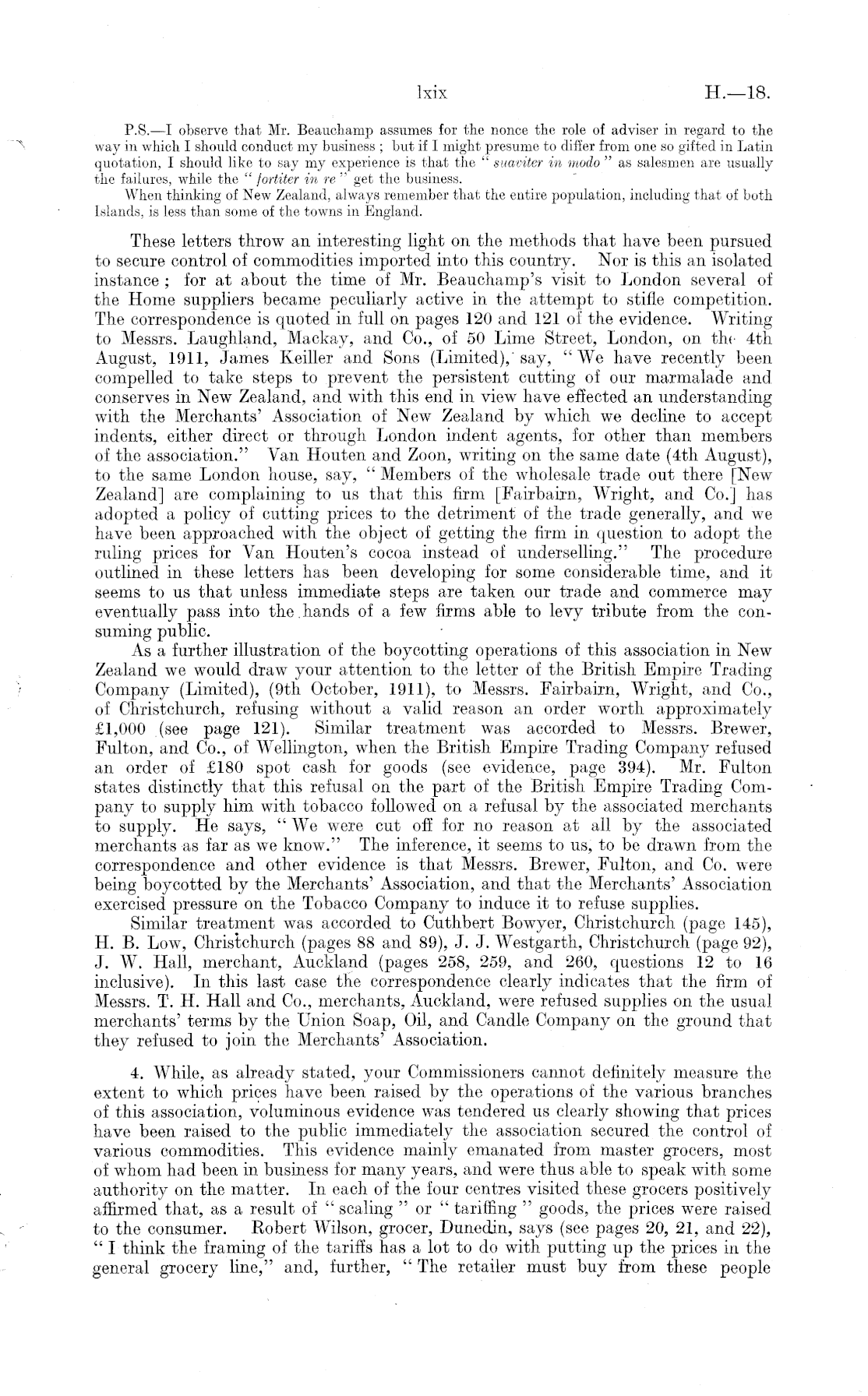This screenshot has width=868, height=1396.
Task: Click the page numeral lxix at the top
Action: click(x=431, y=94)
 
